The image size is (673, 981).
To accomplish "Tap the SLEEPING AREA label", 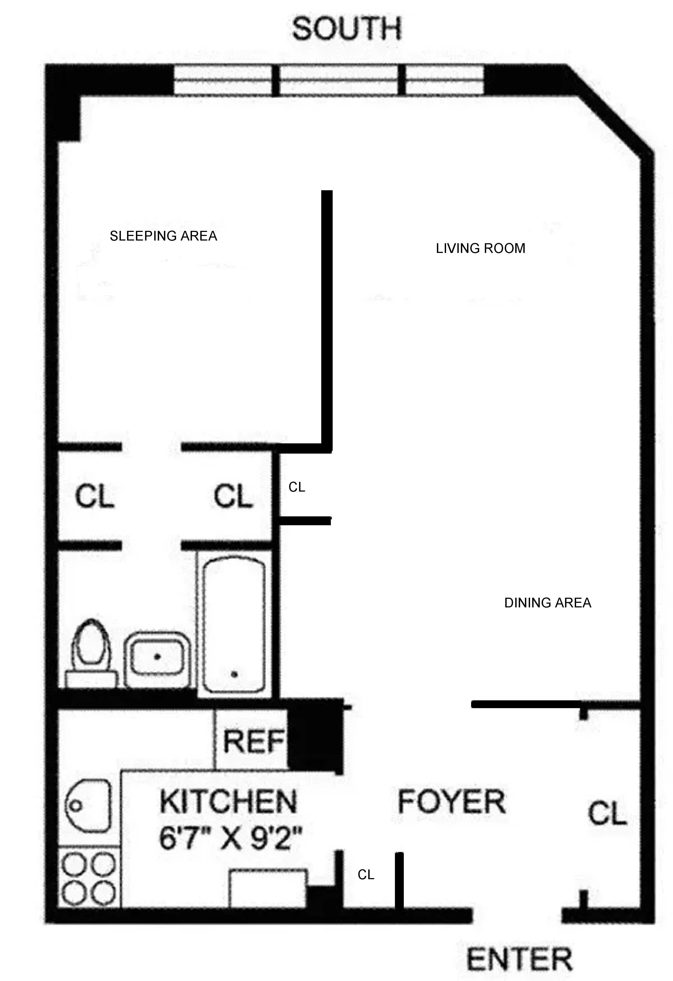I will [x=163, y=236].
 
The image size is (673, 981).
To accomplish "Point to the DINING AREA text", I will [x=547, y=603].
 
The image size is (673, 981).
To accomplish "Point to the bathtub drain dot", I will [x=234, y=674].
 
